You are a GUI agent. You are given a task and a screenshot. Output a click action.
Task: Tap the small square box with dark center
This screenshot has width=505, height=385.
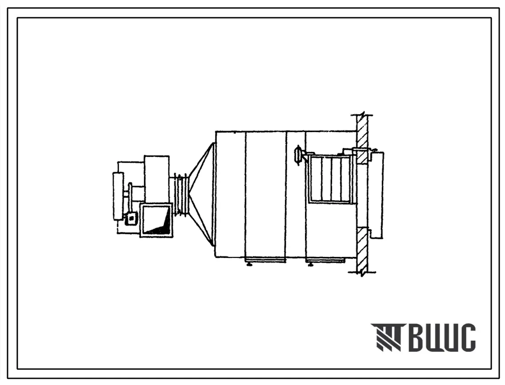coord(131,218)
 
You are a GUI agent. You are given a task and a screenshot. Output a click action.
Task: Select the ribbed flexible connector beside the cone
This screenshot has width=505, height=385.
coord(181,194)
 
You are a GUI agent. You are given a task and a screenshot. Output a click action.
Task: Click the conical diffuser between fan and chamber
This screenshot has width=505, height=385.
coord(201,193)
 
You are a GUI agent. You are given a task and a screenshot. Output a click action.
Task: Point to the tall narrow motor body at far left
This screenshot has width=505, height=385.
coord(118,196)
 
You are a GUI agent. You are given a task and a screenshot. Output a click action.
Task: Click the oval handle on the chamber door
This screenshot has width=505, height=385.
coord(298,155)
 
